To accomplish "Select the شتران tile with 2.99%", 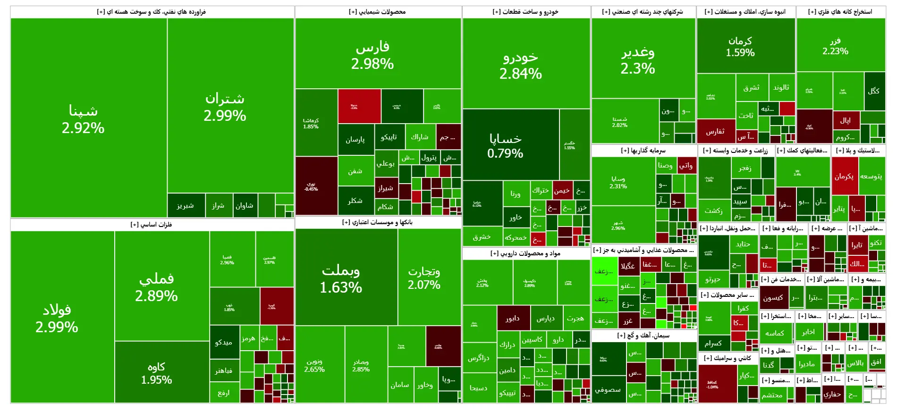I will (x=225, y=107).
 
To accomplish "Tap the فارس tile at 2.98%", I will (x=372, y=55).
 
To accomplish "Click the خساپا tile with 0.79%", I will (x=505, y=145).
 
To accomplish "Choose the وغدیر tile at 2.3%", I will (x=638, y=60).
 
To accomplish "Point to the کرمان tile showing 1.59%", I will (x=740, y=46).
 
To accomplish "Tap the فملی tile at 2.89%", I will (x=156, y=287).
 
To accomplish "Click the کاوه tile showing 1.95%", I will (x=156, y=373).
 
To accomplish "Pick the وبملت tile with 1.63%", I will (x=341, y=278).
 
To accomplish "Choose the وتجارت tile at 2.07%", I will (x=424, y=277).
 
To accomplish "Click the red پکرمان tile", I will (x=844, y=176).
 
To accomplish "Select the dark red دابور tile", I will (x=513, y=319).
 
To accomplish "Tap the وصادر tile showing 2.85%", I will (x=361, y=365).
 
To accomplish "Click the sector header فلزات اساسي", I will (x=151, y=225).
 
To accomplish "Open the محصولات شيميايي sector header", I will (x=377, y=12).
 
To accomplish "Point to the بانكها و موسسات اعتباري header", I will (x=377, y=222).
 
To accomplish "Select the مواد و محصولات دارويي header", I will (x=525, y=253).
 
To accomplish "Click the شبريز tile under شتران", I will (x=185, y=206).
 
